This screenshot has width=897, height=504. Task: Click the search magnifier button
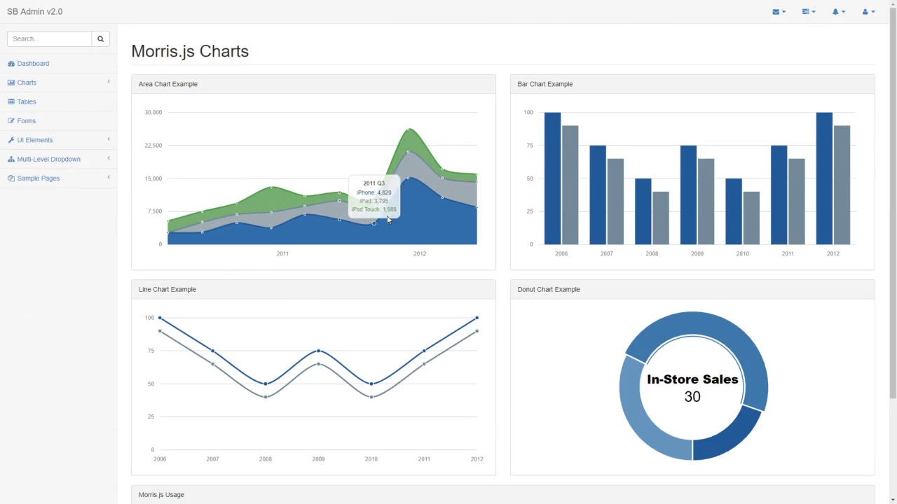[x=100, y=38]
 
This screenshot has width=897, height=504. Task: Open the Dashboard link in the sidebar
[x=33, y=64]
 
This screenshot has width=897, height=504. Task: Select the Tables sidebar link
[x=27, y=101]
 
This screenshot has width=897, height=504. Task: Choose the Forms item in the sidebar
[x=26, y=121]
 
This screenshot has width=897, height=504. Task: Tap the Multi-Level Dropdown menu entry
[x=48, y=159]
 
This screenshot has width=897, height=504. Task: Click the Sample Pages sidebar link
[x=38, y=178]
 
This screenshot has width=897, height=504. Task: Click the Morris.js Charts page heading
[x=190, y=51]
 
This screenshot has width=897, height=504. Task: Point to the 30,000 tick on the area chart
[x=153, y=112]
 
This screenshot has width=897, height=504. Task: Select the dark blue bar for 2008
[x=643, y=211]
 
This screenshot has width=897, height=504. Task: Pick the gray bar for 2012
[x=842, y=185]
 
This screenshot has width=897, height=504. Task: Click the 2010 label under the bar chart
[x=742, y=253]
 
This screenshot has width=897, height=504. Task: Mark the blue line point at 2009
[x=319, y=351]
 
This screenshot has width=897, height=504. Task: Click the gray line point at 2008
[x=266, y=397]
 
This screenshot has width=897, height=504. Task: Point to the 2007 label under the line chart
[x=212, y=459]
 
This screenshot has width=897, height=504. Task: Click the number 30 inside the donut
[x=692, y=397]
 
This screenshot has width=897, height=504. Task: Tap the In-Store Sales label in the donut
[x=692, y=379]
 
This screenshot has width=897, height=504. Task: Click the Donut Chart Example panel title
[x=549, y=289]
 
